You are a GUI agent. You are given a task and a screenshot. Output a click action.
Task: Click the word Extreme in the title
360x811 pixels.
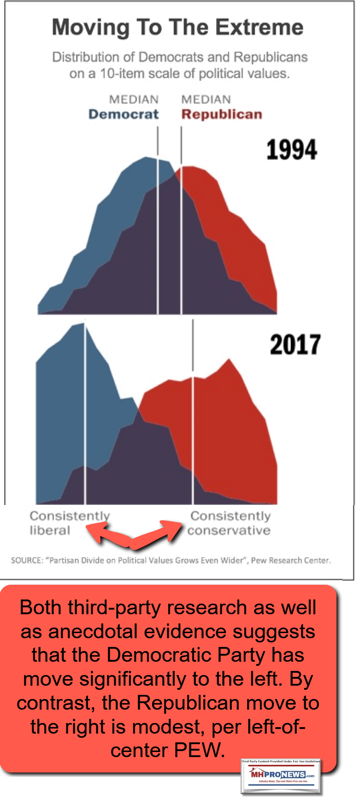260,28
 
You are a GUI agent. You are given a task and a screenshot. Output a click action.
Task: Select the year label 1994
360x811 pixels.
292,150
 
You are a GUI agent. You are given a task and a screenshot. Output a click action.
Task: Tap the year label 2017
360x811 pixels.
295,345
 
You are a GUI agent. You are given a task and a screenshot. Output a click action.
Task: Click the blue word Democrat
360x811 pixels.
124,114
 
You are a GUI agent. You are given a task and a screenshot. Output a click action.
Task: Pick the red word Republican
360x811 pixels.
222,114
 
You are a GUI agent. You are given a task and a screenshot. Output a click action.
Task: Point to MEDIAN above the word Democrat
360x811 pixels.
134,100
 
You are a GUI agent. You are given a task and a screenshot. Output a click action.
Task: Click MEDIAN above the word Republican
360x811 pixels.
206,100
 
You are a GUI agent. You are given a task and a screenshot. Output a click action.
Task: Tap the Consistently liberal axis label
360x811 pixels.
69,523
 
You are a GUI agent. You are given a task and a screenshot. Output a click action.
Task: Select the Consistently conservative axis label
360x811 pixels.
230,523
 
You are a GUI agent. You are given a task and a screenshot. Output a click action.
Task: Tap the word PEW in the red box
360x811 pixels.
202,751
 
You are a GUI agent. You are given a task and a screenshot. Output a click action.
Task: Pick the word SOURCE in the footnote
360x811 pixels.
26,560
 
